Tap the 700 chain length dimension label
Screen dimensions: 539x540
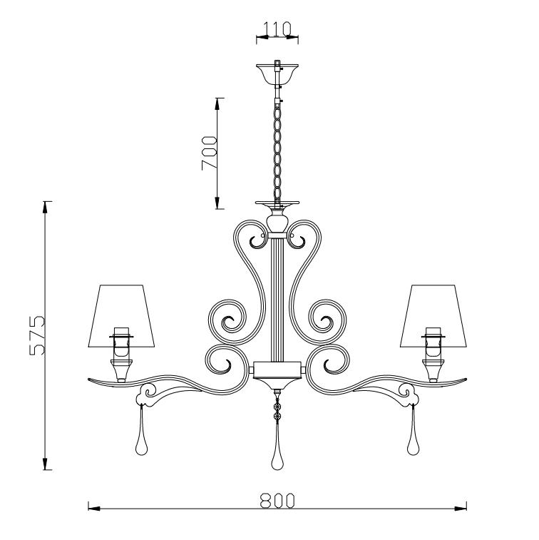(x=210, y=153)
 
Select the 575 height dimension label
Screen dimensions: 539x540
(x=37, y=335)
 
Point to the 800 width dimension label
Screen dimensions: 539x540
(x=277, y=501)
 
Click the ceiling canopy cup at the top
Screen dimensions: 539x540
(x=277, y=73)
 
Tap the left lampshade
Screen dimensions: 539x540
(x=121, y=315)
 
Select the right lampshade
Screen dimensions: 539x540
(x=433, y=315)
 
